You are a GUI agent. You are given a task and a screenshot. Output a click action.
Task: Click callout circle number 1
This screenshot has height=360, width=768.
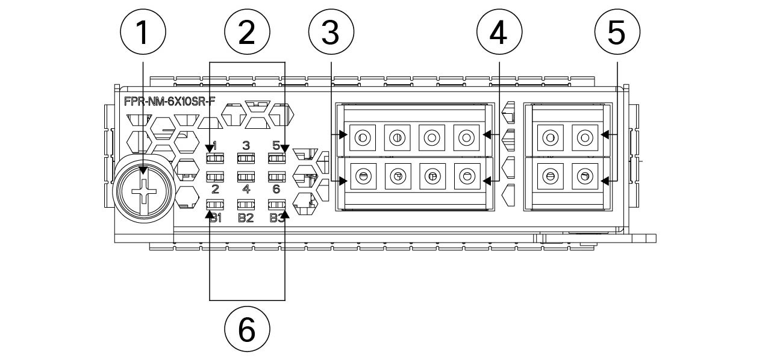142,33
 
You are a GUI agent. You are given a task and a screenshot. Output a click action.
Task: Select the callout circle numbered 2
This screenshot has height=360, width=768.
247,33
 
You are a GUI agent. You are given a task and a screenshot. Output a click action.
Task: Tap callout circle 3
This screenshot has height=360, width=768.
331,33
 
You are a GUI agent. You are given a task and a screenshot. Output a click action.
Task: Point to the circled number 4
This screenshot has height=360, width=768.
499,33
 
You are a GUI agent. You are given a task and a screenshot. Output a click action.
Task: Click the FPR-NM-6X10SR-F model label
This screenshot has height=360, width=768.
169,101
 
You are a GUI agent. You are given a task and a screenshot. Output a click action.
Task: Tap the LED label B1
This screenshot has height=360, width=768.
215,218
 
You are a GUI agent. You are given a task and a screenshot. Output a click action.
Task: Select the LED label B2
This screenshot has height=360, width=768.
246,218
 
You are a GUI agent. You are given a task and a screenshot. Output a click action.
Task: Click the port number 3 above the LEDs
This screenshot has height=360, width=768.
246,145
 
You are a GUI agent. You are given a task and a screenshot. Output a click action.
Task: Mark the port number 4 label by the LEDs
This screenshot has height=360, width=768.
246,190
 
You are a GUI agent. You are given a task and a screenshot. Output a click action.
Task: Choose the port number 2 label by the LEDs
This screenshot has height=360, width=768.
215,190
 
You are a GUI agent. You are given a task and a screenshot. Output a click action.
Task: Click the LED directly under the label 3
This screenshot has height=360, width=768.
246,159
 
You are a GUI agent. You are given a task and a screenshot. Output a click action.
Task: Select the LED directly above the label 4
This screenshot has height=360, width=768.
246,177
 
